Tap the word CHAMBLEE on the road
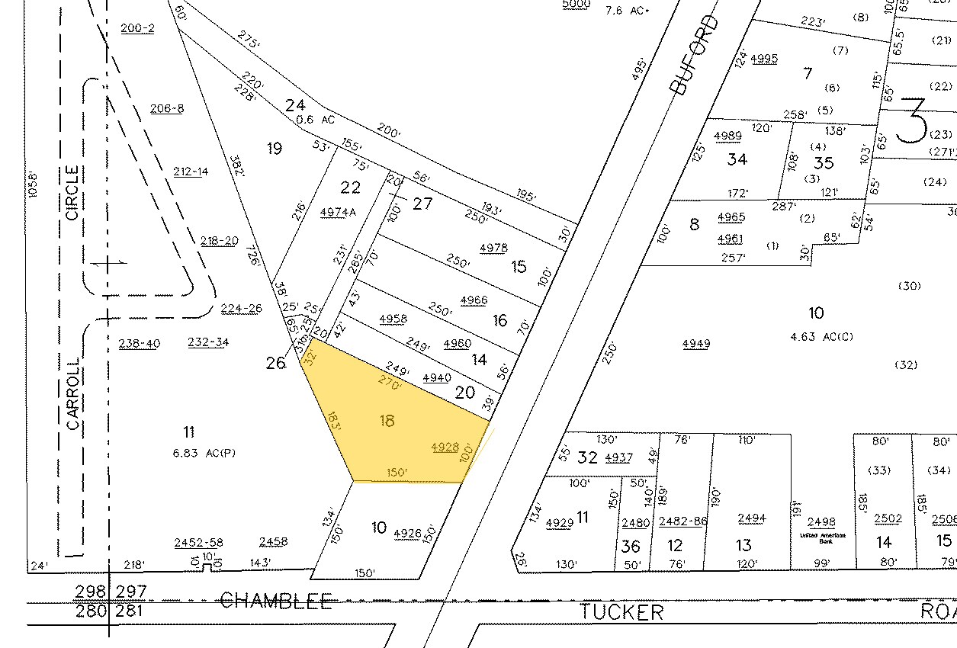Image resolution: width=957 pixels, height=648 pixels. click(x=276, y=601)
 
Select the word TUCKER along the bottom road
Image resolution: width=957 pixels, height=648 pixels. click(x=621, y=611)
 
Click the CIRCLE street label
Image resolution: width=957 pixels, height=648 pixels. click(x=73, y=193)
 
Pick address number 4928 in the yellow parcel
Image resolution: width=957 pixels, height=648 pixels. click(x=445, y=448)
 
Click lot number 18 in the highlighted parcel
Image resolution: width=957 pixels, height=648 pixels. click(x=387, y=420)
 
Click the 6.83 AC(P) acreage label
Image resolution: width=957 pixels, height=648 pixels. click(x=205, y=452)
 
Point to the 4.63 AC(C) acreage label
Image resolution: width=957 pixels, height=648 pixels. click(x=824, y=334)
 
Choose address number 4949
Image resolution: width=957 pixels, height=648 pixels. click(x=696, y=343)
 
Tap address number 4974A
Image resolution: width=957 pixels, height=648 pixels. click(x=339, y=212)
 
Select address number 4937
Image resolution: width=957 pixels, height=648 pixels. click(x=618, y=457)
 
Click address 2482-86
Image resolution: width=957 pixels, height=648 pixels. click(x=684, y=521)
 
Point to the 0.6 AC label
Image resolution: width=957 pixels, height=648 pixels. click(x=317, y=120)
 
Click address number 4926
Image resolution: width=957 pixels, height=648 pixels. click(x=408, y=534)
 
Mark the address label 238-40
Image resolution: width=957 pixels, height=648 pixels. click(x=140, y=343)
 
